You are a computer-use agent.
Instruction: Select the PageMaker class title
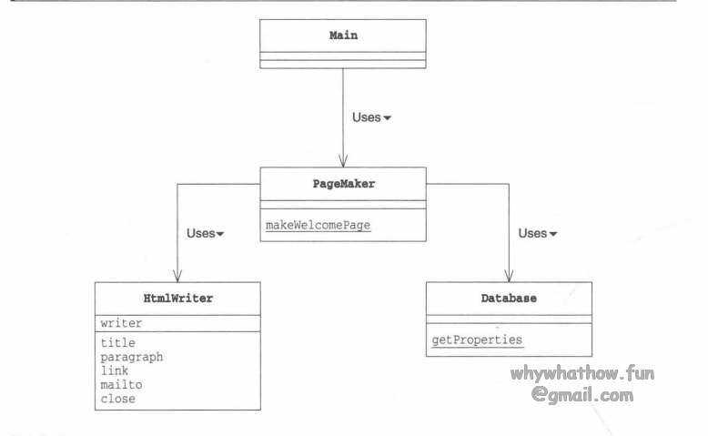click(343, 183)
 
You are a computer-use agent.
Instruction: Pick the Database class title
click(509, 298)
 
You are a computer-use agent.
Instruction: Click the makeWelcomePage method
click(313, 224)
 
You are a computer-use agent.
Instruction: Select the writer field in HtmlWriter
click(122, 321)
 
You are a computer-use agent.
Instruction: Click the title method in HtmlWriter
click(118, 343)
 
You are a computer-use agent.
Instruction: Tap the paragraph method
click(132, 357)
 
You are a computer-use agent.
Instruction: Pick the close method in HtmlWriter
click(118, 398)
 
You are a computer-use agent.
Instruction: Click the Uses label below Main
click(366, 117)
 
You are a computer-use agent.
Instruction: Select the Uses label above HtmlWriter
click(201, 233)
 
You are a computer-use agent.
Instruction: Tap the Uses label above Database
click(532, 233)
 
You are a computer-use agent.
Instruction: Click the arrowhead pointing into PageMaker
click(343, 162)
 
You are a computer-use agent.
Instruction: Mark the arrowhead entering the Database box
click(509, 277)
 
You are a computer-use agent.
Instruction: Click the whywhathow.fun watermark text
click(582, 374)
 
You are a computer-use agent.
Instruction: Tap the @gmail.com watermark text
click(582, 395)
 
